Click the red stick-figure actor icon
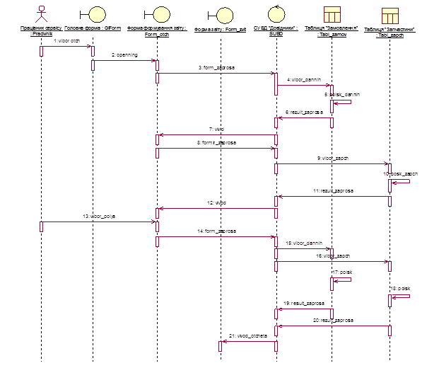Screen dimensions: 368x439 click(x=41, y=14)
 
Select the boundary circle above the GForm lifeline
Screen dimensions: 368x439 click(x=93, y=15)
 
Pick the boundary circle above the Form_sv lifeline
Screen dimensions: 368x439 click(x=222, y=15)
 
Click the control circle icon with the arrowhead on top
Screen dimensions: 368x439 click(x=276, y=14)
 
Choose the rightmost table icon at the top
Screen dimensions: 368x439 click(x=390, y=15)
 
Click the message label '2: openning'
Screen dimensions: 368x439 click(x=124, y=54)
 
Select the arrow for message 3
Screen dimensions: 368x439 click(x=216, y=72)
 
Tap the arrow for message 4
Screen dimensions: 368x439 click(x=303, y=85)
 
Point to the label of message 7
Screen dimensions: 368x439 click(x=216, y=130)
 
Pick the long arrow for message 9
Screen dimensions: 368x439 click(x=332, y=163)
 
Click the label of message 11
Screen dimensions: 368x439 click(x=333, y=190)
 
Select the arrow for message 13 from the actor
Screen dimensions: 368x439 click(x=99, y=222)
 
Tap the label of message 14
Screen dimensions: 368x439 click(x=216, y=231)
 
